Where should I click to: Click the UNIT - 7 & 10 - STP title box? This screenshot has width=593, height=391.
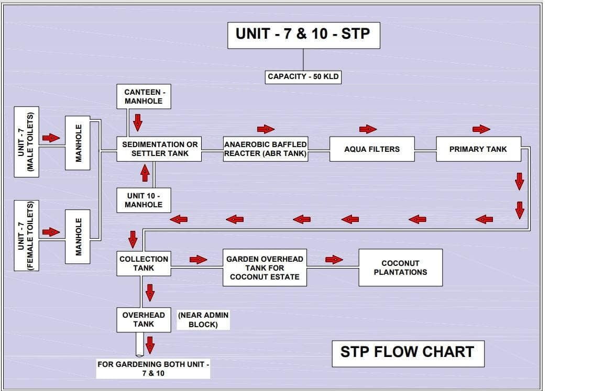point(303,35)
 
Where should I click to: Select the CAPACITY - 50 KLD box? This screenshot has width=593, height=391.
point(303,76)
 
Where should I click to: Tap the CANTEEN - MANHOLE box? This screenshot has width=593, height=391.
point(144,96)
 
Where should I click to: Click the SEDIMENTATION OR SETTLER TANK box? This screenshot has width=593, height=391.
point(160,149)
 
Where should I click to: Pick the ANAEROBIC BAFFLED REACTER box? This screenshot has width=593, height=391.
point(265,149)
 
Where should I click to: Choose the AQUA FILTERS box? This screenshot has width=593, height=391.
point(372,149)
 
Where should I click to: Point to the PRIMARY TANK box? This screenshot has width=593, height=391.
point(478,149)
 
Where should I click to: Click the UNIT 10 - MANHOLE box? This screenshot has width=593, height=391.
point(144,200)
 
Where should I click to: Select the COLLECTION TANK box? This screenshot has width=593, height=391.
point(144,263)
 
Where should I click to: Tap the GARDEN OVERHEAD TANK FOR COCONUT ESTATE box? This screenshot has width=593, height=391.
point(265,267)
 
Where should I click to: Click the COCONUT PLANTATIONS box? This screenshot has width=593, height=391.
point(400,267)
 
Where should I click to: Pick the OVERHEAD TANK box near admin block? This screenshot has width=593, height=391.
point(144,320)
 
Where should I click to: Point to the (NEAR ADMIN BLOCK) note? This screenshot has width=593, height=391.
point(203,320)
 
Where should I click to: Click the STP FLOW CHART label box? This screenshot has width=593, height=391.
point(408,352)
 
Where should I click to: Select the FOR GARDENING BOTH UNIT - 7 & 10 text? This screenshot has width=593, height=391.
point(153,368)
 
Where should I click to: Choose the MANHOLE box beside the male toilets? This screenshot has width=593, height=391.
point(78,142)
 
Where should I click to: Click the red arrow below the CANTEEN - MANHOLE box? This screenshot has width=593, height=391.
point(138,122)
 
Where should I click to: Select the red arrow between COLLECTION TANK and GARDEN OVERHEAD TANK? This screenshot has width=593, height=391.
point(198,259)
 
